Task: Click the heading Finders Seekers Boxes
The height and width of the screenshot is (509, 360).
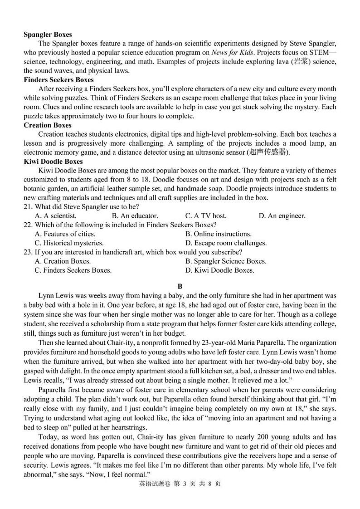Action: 58,80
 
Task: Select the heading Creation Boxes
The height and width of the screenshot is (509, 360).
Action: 48,125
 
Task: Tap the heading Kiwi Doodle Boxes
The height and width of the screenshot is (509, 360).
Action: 53,162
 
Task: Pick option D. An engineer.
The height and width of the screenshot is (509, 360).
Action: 282,216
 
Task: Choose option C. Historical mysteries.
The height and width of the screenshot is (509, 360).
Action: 69,243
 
